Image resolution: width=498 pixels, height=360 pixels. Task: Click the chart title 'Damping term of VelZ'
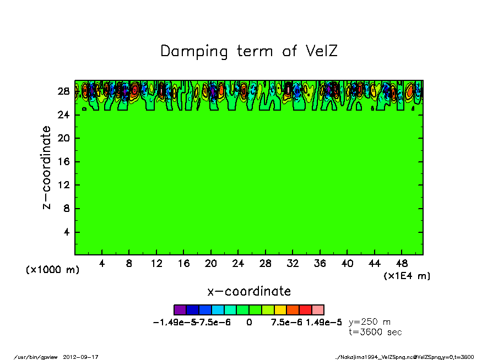[248, 51]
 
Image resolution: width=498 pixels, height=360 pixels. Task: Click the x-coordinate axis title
[248, 291]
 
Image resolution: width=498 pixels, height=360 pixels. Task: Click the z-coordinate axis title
[47, 167]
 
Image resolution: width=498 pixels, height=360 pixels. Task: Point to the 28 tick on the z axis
[66, 91]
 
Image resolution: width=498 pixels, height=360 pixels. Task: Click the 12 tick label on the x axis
[156, 263]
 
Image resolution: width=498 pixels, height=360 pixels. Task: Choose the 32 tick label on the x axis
[293, 263]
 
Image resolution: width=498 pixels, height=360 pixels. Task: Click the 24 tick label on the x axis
[238, 263]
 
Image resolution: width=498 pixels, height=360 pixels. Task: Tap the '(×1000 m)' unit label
[52, 270]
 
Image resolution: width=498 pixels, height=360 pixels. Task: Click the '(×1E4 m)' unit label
[407, 276]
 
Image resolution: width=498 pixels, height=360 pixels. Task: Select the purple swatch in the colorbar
[180, 310]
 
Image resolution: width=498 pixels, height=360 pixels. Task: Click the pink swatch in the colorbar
[317, 310]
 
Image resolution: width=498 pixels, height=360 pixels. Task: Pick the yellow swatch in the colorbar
[280, 310]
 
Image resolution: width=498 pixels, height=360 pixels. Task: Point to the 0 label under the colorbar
[249, 323]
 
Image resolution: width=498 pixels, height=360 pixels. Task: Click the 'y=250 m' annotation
[370, 322]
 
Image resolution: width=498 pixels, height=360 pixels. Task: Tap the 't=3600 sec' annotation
[375, 332]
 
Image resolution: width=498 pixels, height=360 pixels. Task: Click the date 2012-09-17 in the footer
[84, 357]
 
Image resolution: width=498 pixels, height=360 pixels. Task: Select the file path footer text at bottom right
[404, 357]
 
